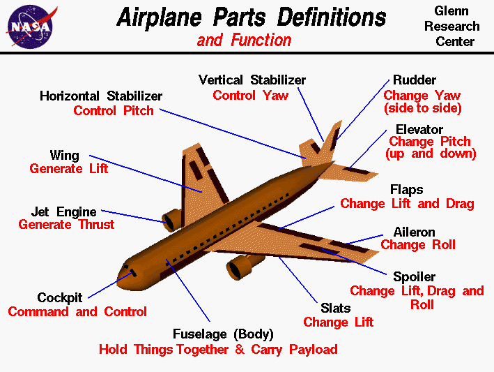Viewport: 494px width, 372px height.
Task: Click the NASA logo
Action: point(29,25)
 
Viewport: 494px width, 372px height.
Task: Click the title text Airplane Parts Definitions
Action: point(251,17)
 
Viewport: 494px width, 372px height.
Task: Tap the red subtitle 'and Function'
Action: point(244,40)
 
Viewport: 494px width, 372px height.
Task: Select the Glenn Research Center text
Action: point(456,27)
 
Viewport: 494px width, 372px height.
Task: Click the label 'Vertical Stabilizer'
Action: point(252,80)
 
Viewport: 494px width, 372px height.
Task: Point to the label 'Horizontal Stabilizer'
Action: point(101,96)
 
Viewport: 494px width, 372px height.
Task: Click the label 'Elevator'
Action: point(419,130)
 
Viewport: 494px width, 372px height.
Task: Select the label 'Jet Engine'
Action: point(64,211)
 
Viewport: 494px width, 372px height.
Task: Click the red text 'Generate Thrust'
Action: point(66,225)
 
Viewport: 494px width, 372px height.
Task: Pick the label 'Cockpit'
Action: point(60,298)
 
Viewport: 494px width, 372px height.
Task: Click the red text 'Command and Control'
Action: point(77,311)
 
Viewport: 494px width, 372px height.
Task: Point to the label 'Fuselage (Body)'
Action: point(223,334)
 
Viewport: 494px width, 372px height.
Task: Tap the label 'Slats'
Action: point(336,308)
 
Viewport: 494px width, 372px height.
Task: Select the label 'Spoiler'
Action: point(415,277)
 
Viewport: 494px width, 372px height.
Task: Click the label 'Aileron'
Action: point(414,232)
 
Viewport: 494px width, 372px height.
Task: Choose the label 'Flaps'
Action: point(406,190)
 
